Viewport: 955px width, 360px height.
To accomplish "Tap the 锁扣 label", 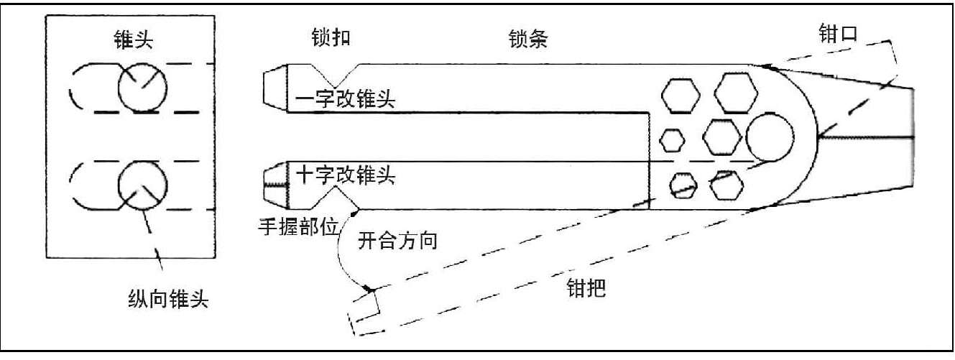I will click(x=331, y=37).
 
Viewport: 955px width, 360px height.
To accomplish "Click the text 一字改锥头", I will click(x=345, y=99).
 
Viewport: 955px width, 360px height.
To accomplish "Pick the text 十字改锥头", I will click(x=345, y=175).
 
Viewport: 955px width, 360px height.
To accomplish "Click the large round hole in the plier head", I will click(x=770, y=136).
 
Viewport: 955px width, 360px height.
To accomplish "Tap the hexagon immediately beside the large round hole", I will click(x=721, y=134).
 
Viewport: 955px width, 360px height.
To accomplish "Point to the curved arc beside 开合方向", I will click(x=341, y=251).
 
